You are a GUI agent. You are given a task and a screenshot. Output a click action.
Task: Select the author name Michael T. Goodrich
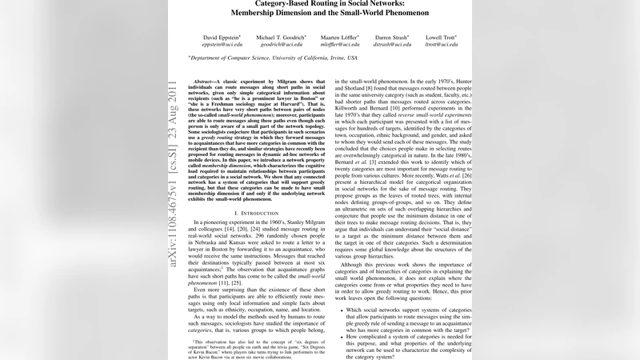coord(281,37)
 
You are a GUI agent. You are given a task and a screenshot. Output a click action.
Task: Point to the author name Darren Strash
coord(392,37)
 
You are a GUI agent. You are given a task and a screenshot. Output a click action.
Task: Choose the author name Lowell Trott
coord(441,37)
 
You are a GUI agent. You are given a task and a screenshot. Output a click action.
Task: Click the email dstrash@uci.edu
coord(392,45)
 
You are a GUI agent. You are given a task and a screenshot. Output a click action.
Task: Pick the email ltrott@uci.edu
coord(441,45)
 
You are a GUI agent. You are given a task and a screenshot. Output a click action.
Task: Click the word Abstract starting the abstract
coord(206,82)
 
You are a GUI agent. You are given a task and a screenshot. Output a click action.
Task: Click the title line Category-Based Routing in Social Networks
coord(319,4)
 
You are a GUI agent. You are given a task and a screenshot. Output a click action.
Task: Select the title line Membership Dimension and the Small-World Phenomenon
coord(319,14)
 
